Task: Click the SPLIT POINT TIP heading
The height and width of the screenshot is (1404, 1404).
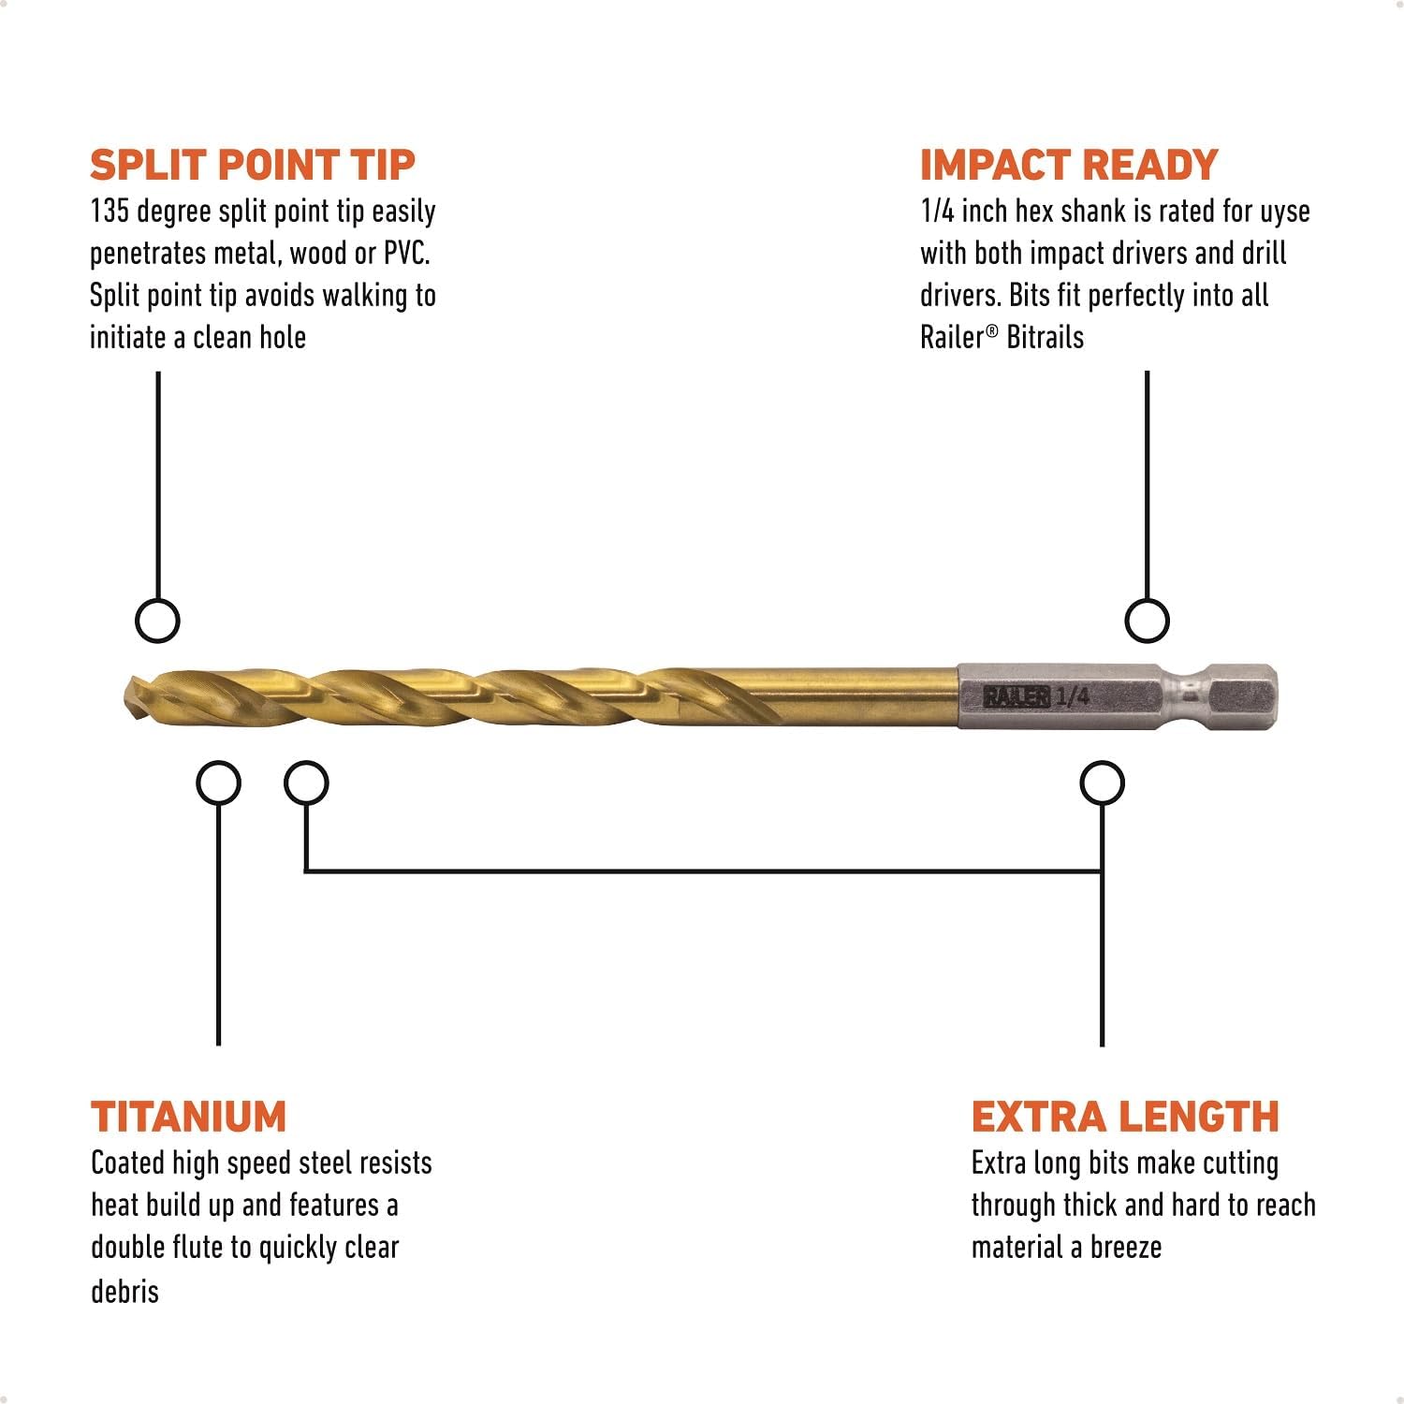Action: pyautogui.click(x=252, y=165)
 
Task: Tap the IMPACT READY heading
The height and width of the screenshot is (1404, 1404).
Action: pyautogui.click(x=1068, y=165)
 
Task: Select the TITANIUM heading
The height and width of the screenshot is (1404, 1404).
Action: pyautogui.click(x=188, y=1117)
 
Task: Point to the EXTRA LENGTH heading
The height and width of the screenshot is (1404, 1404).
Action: pyautogui.click(x=1124, y=1117)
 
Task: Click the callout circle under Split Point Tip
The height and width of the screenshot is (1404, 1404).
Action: pyautogui.click(x=157, y=621)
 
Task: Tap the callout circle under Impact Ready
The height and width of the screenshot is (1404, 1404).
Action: pyautogui.click(x=1147, y=621)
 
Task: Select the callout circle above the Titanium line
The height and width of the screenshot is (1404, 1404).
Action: pyautogui.click(x=218, y=783)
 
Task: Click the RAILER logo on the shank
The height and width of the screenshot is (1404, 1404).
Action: pyautogui.click(x=1016, y=696)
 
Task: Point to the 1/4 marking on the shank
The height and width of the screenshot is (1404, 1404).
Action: pyautogui.click(x=1073, y=695)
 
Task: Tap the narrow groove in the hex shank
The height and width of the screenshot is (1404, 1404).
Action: pyautogui.click(x=1190, y=696)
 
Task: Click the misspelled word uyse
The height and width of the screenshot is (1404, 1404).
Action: pyautogui.click(x=1284, y=212)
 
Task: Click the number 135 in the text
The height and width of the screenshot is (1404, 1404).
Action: pyautogui.click(x=109, y=212)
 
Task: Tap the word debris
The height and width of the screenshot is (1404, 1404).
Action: pyautogui.click(x=124, y=1291)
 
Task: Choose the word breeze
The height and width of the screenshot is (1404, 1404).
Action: pyautogui.click(x=1125, y=1248)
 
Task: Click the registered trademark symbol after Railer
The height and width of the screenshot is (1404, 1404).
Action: pyautogui.click(x=992, y=329)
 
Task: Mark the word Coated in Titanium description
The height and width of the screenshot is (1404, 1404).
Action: pyautogui.click(x=127, y=1163)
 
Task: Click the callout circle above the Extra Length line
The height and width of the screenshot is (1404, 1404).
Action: pyautogui.click(x=1102, y=783)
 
